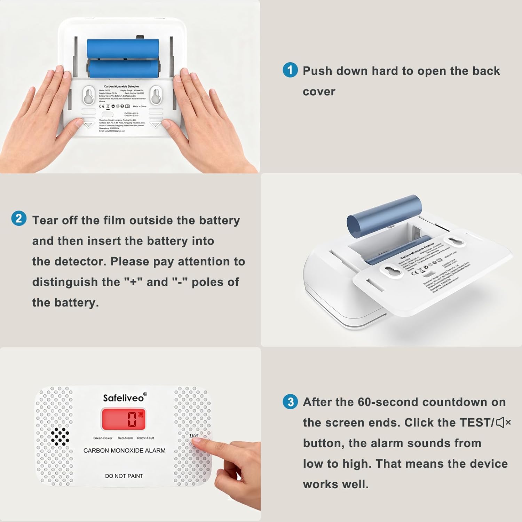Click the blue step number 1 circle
click(290, 70)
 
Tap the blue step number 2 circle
click(19, 219)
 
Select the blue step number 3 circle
click(290, 402)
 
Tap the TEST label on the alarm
click(194, 435)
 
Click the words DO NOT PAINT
click(124, 476)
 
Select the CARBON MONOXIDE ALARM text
click(124, 450)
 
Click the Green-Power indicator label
click(103, 438)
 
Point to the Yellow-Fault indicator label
click(145, 438)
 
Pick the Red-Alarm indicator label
click(125, 438)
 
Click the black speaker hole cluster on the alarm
click(60, 436)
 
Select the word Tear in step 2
click(45, 220)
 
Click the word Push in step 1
click(317, 71)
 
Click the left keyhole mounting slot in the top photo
click(88, 95)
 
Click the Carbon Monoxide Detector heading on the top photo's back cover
click(121, 86)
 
